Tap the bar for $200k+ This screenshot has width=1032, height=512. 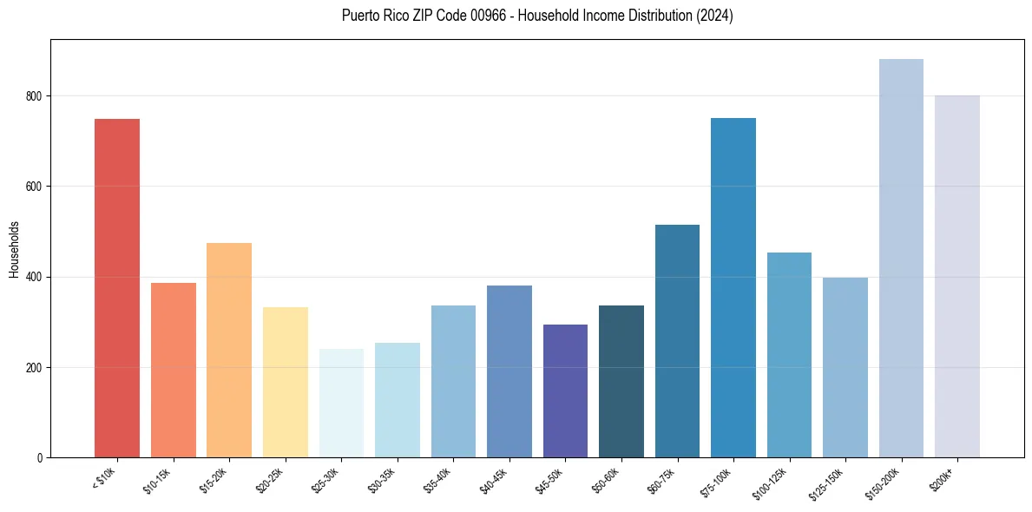click(957, 277)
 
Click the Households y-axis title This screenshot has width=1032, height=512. click(14, 249)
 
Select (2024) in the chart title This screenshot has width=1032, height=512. click(715, 16)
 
